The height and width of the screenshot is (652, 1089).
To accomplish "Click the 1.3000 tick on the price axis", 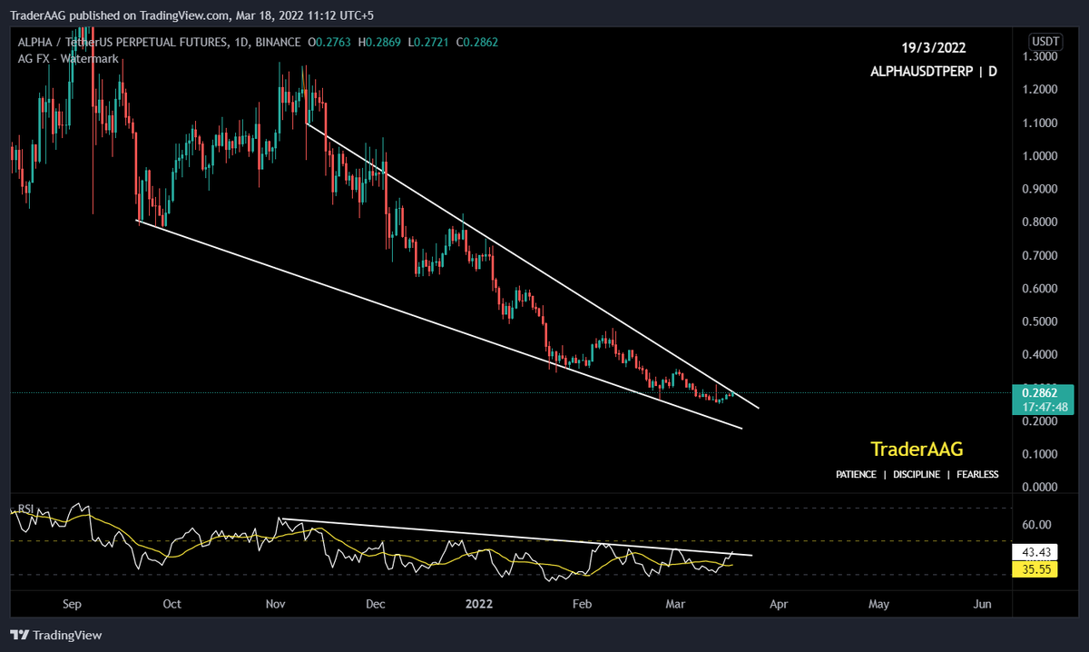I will (x=1038, y=56).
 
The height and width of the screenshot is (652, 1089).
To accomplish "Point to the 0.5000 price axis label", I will (x=1038, y=321).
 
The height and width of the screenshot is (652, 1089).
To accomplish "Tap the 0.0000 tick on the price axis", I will (x=1038, y=488).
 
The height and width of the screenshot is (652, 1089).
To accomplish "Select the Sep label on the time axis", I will (x=73, y=603).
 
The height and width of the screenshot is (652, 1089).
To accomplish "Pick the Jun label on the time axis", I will (x=981, y=603).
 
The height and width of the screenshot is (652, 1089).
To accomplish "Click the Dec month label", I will (x=376, y=603).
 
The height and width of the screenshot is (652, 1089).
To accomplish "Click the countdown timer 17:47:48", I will (x=1036, y=407).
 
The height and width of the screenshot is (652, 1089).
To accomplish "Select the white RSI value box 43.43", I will (x=1035, y=552).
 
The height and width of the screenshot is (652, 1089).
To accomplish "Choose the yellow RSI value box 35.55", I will (x=1035, y=569).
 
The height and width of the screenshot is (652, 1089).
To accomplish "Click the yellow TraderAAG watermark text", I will (x=917, y=449).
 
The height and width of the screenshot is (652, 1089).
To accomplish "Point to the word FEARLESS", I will (x=976, y=475).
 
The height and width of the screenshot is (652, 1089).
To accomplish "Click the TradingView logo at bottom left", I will (x=56, y=636).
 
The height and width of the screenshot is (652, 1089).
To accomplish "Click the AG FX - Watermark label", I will (x=68, y=58).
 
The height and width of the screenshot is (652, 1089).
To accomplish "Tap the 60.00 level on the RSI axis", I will (x=1036, y=525).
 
